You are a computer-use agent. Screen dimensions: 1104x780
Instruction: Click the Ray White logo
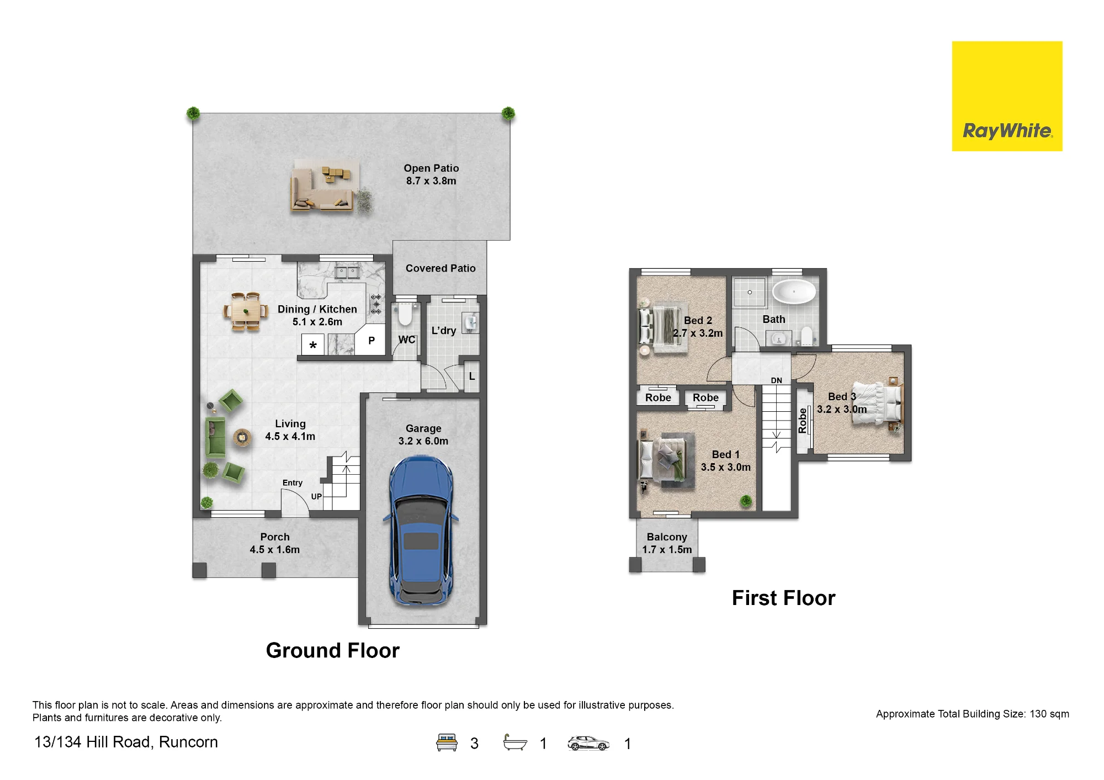(x=1007, y=96)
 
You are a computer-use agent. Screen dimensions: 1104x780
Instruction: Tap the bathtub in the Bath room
(x=793, y=291)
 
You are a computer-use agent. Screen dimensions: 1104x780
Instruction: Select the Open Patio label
(x=431, y=174)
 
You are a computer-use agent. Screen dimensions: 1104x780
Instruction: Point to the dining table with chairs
(x=245, y=312)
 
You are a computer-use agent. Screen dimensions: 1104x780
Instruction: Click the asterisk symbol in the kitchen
(x=313, y=346)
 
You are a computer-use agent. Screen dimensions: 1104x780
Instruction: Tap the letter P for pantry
(x=371, y=341)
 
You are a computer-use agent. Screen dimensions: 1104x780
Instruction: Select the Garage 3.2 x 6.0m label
(x=423, y=434)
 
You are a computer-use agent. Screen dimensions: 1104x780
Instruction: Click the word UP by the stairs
(x=316, y=496)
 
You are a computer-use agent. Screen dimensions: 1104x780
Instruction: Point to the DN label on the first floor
(x=777, y=380)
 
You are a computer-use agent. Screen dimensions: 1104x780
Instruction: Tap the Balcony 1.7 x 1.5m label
(x=667, y=543)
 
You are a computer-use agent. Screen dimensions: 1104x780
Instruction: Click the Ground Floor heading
(x=333, y=650)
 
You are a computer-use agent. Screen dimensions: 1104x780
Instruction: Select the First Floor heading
(x=784, y=598)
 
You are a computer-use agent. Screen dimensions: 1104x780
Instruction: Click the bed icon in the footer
(x=447, y=742)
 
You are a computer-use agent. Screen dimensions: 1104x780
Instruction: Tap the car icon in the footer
(x=588, y=743)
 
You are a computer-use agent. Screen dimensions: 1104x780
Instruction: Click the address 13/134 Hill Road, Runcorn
(x=126, y=742)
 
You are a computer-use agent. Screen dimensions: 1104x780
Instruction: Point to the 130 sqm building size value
(x=1049, y=714)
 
